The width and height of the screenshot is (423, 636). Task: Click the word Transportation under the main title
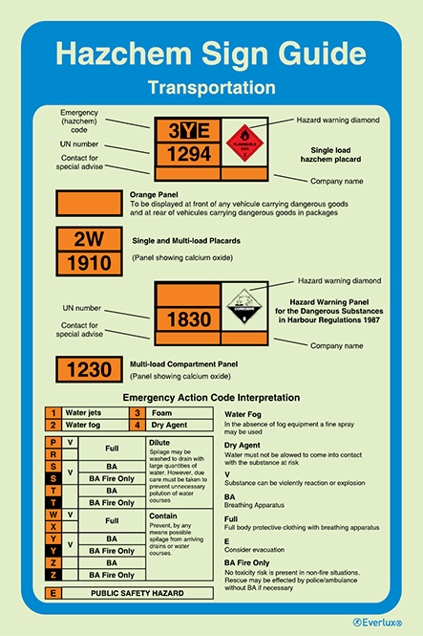(x=211, y=87)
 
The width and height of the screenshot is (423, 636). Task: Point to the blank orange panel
(x=90, y=204)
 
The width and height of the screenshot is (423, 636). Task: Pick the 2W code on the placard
(x=89, y=238)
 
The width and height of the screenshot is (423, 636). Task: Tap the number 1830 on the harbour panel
(x=188, y=319)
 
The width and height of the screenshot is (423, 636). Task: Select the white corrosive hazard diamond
(x=242, y=308)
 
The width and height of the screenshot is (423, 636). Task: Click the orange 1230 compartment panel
(x=89, y=370)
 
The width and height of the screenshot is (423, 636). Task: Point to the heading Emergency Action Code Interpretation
(x=211, y=398)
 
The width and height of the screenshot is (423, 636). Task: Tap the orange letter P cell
(x=53, y=442)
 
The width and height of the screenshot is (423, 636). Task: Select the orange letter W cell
(x=53, y=515)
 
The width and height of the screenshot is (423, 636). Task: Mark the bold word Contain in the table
(x=162, y=515)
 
